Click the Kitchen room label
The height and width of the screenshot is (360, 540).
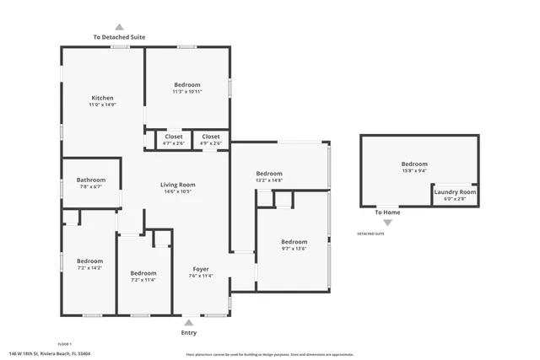tap(101, 98)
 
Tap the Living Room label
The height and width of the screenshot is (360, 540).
tap(177, 185)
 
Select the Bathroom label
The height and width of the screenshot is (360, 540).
tap(90, 180)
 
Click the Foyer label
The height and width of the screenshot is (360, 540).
tap(200, 269)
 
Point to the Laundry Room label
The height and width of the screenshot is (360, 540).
tap(455, 192)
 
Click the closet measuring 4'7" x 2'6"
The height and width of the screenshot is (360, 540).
tap(173, 143)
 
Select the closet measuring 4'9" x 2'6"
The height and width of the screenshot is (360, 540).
tap(210, 143)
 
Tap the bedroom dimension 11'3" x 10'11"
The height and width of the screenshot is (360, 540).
tap(186, 91)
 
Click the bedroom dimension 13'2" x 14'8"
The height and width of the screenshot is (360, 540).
tap(268, 180)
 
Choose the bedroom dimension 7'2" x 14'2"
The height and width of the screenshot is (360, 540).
tap(89, 268)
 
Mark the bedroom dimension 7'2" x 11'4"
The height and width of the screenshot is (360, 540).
tap(143, 280)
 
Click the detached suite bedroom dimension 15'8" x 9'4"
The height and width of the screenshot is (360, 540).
tap(413, 170)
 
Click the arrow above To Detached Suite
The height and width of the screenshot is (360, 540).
tap(118, 27)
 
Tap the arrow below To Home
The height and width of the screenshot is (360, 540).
tap(387, 223)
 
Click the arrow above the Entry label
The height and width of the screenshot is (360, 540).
tap(188, 322)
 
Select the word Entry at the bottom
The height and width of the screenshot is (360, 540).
tap(189, 333)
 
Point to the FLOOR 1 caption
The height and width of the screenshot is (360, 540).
tap(64, 344)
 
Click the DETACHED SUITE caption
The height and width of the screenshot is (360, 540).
tap(370, 234)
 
